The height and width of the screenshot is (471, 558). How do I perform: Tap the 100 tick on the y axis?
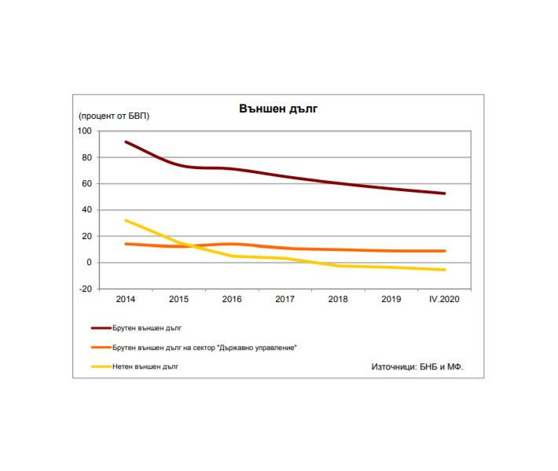pos(85,131)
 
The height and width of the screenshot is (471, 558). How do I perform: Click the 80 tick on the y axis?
pos(86,158)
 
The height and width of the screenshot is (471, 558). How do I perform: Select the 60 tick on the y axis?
pos(86,184)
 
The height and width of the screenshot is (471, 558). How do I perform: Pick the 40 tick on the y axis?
pos(86,210)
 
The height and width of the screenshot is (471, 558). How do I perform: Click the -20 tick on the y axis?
pos(85,289)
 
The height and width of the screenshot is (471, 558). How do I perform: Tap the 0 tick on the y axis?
pos(90,263)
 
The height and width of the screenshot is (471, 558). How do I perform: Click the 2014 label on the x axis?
pos(125,300)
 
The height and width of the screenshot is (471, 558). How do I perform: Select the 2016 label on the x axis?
pos(232,300)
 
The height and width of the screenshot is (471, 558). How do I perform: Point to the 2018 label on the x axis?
pos(338,300)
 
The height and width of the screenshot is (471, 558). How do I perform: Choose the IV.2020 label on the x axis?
pos(445,300)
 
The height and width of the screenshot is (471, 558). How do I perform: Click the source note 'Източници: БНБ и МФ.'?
pos(417,367)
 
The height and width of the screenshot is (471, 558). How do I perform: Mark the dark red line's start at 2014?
pos(126,142)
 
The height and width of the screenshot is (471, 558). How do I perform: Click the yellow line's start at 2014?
pos(126,220)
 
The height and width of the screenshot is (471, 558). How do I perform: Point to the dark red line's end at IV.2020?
pos(445,193)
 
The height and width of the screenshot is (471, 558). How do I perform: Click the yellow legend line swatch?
pos(106,366)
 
